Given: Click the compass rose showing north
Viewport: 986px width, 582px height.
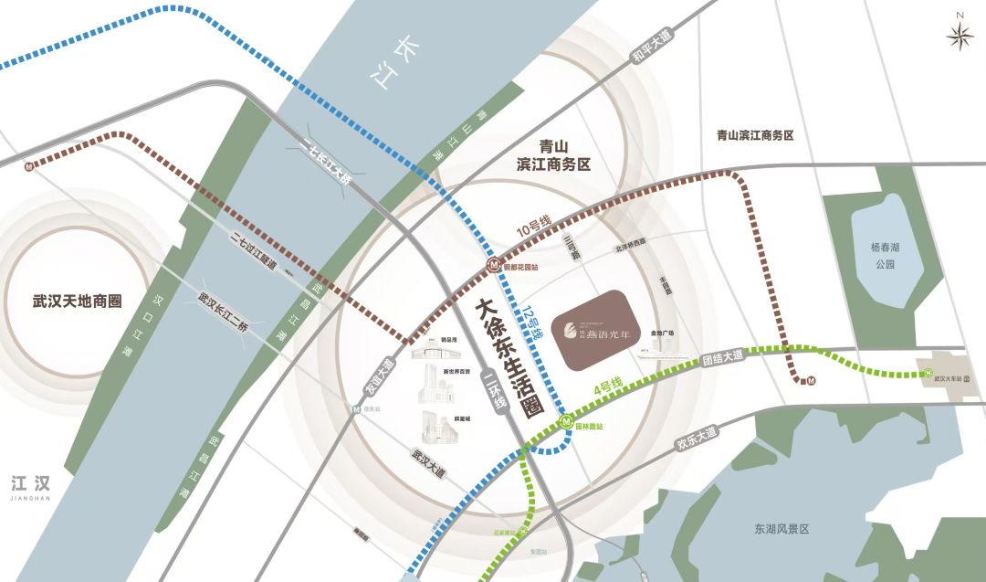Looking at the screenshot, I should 960,34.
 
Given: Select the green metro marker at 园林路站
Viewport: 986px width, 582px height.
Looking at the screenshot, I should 566,422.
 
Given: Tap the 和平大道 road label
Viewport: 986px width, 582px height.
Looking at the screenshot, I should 652,45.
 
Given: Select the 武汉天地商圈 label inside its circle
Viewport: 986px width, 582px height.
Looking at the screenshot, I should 77,301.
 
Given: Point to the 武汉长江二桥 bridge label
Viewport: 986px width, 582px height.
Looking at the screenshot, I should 223,312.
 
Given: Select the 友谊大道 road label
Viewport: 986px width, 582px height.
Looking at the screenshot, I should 381,376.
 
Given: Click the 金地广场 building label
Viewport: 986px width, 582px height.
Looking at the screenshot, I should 662,333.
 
